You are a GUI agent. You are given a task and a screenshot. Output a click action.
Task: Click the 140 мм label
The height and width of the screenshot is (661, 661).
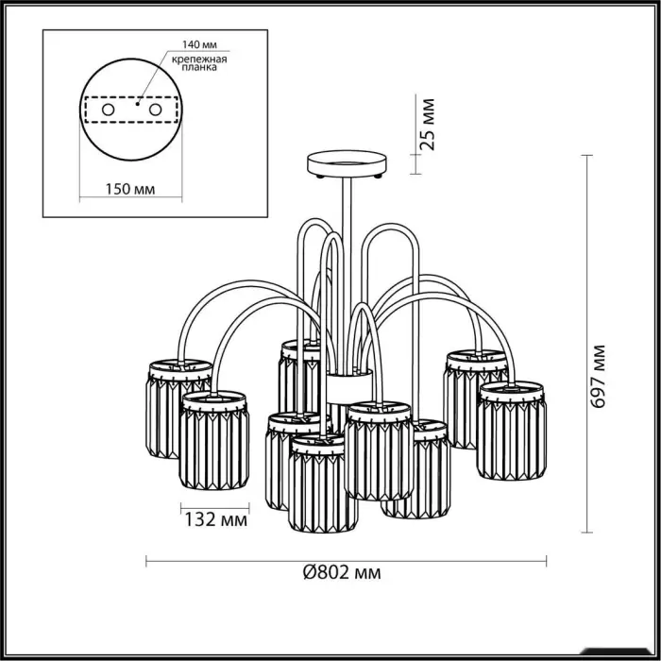coord(199,44)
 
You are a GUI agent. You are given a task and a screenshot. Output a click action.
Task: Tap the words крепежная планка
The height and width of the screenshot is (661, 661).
coord(199,63)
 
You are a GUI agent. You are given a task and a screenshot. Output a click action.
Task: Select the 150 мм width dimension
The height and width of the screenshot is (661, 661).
coord(130,189)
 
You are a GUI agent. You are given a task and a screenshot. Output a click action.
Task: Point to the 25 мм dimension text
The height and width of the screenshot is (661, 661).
coord(428,125)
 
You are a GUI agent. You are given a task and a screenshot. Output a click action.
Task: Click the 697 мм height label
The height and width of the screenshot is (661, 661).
coord(598,377)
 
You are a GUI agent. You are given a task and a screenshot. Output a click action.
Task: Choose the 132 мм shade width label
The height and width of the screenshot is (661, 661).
coord(216,519)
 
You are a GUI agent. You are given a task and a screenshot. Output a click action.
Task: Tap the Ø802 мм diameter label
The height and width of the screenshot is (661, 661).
coord(342,572)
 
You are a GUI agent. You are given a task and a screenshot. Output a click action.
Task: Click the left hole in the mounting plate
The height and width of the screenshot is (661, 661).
coord(108,110)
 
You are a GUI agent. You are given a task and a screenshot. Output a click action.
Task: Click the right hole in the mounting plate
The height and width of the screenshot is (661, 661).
coord(155,110)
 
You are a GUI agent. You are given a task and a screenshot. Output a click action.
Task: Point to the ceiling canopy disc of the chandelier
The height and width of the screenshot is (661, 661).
coord(347,164)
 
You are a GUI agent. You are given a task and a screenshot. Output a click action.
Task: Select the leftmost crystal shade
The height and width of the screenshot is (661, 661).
coord(178,409)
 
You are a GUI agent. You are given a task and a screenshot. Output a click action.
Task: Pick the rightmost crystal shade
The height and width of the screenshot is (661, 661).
coord(512,430)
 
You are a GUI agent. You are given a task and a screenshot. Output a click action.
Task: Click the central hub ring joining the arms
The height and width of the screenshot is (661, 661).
coord(349,386)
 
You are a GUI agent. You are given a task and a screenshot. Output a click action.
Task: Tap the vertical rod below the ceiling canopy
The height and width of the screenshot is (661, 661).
coord(347,275)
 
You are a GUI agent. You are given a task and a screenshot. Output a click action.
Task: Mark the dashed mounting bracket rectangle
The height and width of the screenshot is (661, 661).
coord(131,110)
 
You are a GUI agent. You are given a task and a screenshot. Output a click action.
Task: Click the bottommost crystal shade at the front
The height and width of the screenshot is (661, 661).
coord(323,483)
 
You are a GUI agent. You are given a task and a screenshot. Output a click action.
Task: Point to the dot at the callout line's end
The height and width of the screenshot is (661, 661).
coord(138,103)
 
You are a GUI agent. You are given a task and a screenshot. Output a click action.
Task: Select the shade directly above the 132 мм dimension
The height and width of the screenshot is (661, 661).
coord(213,440)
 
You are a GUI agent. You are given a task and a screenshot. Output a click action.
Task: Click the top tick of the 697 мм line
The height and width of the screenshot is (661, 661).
coord(586,156)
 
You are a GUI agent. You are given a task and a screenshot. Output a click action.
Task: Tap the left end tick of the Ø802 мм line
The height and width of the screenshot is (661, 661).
coord(146,561)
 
